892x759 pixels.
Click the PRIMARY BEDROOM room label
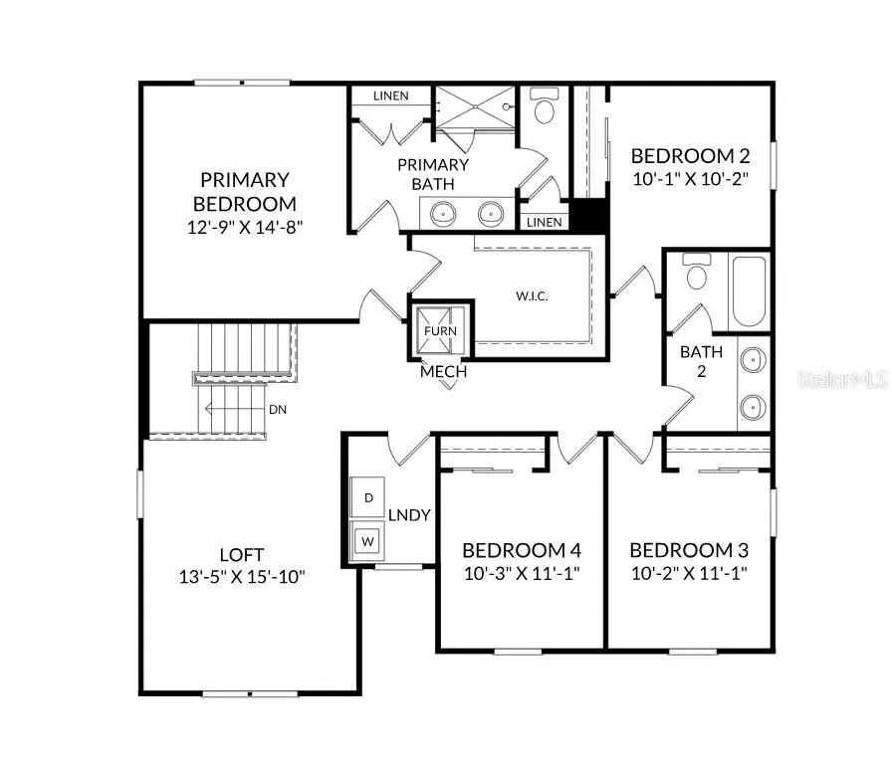pos(244,191)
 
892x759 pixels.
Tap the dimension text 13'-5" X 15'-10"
pos(242,576)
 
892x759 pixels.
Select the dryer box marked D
pos(368,496)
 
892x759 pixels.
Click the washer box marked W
pos(368,540)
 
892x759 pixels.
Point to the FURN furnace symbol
pos(439,331)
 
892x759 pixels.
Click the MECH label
pos(443,372)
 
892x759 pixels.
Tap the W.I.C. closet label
pos(532,296)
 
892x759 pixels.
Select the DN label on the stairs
pos(278,409)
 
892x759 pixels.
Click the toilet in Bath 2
pos(696,273)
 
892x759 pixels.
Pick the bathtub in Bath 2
pos(749,291)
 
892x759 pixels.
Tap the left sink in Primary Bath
pos(441,212)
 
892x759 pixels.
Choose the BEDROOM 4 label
pos(521,550)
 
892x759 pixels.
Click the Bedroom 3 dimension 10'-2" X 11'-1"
pos(688,573)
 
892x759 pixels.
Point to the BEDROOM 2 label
pos(689,156)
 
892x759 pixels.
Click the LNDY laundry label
pos(408,514)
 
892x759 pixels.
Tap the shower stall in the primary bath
pos(475,107)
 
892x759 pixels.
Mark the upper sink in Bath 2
pos(754,359)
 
